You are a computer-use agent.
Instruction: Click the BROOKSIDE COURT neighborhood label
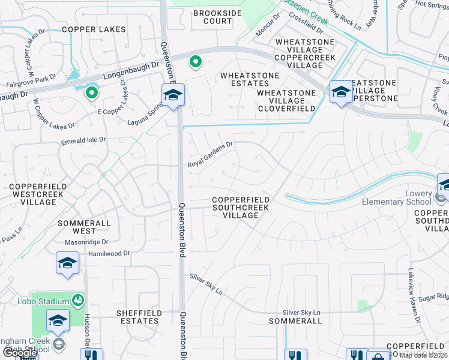pos(212,17)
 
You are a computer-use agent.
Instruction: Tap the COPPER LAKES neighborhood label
pos(94,29)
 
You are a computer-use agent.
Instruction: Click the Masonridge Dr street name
pos(87,242)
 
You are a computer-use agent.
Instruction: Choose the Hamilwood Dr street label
pos(109,254)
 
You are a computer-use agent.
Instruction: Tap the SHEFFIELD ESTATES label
pos(138,317)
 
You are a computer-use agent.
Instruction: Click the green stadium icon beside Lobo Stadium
pos(77,299)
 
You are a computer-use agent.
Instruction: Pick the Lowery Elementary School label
pos(396,198)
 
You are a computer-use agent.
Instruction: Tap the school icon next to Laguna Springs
pos(173,95)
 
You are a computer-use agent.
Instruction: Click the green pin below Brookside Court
pos(195,62)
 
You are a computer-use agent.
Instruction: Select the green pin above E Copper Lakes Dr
pos(91,93)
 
